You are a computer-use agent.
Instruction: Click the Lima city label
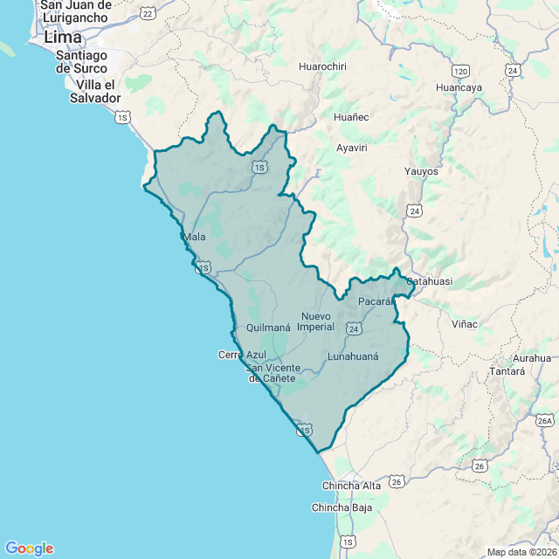63,38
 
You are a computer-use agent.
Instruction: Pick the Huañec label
352,117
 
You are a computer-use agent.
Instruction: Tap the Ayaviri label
352,148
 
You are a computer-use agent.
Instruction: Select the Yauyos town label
421,171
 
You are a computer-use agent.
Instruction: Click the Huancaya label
459,87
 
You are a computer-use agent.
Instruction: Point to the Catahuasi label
429,282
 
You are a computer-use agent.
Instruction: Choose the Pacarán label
377,301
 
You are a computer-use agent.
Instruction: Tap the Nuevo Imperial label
316,321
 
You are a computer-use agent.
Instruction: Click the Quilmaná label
268,328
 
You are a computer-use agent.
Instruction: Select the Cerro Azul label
241,355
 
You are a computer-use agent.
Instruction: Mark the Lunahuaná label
353,356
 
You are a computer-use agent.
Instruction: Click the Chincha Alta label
352,486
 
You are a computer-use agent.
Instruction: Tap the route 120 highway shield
461,70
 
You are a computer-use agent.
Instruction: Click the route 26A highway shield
546,421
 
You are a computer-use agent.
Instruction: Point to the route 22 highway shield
148,13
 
